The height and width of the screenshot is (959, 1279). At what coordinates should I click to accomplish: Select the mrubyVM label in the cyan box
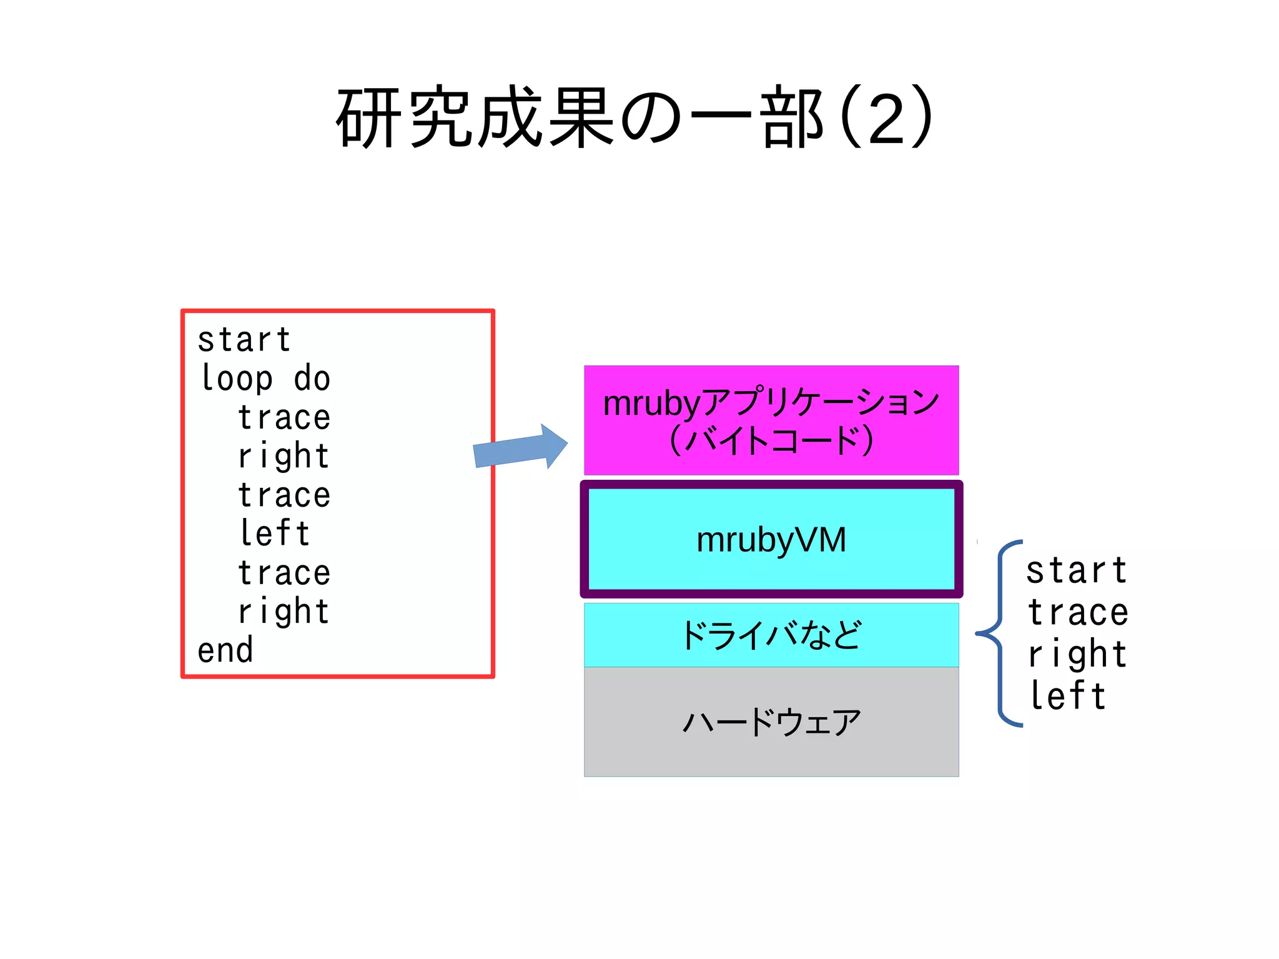point(771,540)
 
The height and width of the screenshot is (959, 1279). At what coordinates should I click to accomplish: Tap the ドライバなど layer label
point(771,635)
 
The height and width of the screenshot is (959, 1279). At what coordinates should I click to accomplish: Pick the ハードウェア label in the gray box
point(771,722)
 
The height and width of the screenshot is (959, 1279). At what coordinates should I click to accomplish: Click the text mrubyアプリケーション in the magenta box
point(771,402)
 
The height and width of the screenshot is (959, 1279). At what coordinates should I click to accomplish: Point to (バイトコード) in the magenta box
point(771,440)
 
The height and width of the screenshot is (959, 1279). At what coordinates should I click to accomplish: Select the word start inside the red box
point(244,340)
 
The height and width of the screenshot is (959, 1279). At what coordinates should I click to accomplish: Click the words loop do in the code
point(265,379)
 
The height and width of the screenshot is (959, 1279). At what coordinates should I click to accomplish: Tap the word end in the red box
point(225,650)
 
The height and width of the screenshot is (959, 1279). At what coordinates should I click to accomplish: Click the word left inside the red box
point(275,534)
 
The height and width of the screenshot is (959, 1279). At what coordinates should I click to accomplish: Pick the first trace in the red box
point(284,417)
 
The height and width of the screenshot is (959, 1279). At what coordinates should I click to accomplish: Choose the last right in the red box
point(284,612)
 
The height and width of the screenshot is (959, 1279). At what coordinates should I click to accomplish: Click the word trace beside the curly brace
point(1078,613)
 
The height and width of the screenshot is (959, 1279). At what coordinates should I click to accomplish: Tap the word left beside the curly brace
point(1068,696)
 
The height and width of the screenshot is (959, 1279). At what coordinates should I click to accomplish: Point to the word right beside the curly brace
point(1078,655)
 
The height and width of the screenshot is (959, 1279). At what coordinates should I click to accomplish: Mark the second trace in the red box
point(284,495)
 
